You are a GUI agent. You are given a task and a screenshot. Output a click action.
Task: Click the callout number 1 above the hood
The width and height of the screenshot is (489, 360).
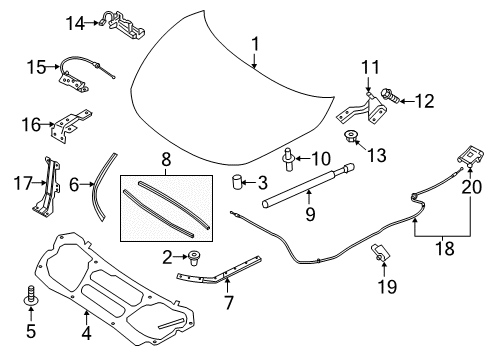tap(255, 44)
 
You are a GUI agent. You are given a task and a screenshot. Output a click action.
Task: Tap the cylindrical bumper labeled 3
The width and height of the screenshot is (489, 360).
tap(238, 183)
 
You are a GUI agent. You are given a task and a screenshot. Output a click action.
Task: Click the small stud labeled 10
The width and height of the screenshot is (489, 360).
tap(290, 156)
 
